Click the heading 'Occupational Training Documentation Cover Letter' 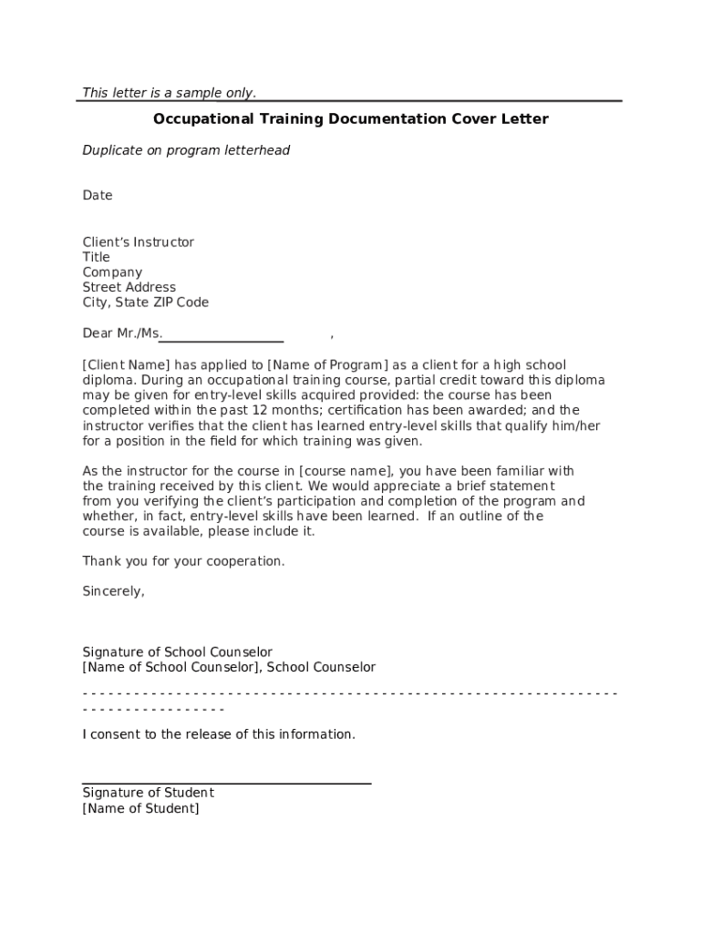pyautogui.click(x=350, y=119)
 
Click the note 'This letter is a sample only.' pyautogui.click(x=169, y=92)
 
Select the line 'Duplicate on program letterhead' pyautogui.click(x=186, y=150)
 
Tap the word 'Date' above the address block pyautogui.click(x=98, y=195)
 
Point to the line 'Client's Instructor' pyautogui.click(x=138, y=242)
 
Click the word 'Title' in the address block pyautogui.click(x=96, y=257)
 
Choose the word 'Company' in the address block pyautogui.click(x=112, y=272)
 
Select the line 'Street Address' pyautogui.click(x=129, y=287)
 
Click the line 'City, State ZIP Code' pyautogui.click(x=145, y=302)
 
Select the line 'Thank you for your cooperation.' pyautogui.click(x=183, y=561)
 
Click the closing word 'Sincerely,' pyautogui.click(x=113, y=591)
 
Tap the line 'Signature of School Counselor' pyautogui.click(x=177, y=652)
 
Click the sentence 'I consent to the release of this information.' pyautogui.click(x=219, y=734)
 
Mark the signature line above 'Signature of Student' pyautogui.click(x=226, y=782)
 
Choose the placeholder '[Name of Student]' pyautogui.click(x=140, y=808)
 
